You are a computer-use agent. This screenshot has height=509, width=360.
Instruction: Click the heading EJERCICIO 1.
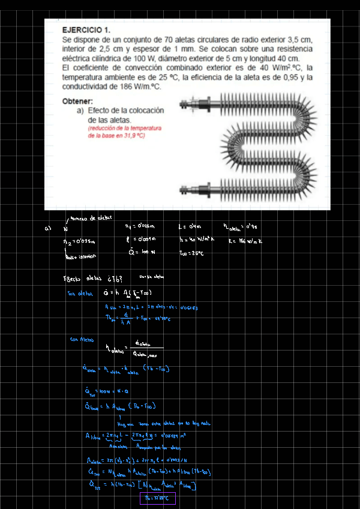86,29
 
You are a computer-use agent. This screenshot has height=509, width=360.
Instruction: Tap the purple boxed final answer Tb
157,498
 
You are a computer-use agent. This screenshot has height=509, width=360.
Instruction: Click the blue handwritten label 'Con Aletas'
82,340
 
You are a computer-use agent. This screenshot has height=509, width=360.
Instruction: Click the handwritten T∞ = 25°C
191,253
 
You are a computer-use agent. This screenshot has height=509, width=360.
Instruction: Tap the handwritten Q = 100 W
142,253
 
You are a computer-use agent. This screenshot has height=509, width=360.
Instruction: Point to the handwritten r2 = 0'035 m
79,241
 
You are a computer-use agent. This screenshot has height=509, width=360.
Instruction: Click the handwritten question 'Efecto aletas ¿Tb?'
88,278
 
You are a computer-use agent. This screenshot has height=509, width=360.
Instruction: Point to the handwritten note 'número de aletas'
90,218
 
